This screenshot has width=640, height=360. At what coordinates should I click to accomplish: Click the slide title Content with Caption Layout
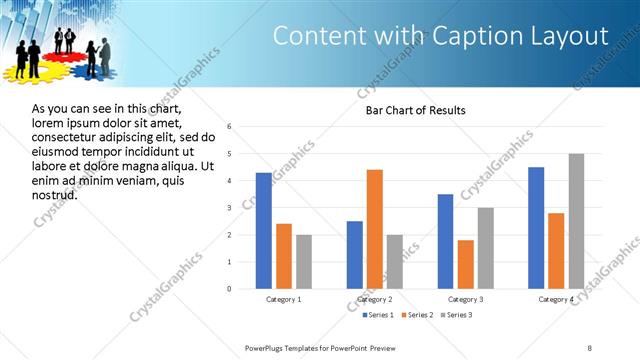440,36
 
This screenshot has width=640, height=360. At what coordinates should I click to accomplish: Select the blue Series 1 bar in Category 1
263,231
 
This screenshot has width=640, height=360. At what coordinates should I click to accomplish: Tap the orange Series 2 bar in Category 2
375,229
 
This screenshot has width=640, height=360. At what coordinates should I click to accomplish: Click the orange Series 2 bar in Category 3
466,264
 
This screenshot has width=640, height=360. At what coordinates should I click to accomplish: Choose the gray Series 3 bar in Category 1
304,262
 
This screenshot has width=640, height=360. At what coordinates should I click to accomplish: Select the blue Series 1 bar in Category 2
355,255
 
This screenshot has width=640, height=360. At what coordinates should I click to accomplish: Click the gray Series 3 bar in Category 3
486,248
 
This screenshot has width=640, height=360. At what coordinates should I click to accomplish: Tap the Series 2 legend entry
414,315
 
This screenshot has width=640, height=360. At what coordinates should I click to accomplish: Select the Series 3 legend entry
455,315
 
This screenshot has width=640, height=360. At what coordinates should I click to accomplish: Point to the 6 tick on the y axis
230,127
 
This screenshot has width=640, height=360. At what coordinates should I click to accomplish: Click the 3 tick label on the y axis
230,208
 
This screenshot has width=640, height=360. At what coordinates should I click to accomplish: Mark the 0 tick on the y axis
230,289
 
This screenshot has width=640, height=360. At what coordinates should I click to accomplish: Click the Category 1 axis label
284,299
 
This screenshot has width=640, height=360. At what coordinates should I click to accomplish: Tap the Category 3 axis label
466,299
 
